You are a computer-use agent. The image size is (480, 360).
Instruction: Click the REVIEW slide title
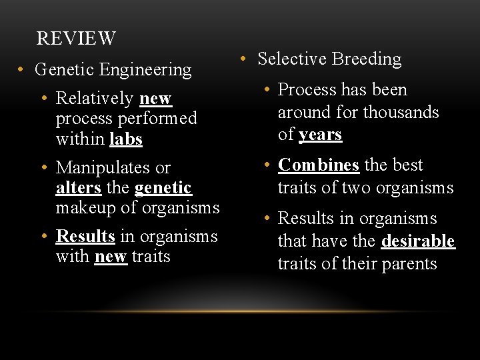(76, 39)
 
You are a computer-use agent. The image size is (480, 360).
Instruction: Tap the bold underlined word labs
(126, 139)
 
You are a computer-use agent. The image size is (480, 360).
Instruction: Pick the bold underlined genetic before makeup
(163, 188)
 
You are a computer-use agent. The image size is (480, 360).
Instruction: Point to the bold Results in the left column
(85, 236)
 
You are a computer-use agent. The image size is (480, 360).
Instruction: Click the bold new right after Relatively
(155, 99)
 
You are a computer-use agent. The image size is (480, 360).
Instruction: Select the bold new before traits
(111, 257)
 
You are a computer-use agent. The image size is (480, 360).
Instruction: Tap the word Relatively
(95, 99)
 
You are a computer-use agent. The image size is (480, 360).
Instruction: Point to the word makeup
(84, 208)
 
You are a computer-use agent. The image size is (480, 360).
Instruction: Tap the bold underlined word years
(320, 135)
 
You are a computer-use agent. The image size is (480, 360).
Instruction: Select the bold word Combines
(318, 165)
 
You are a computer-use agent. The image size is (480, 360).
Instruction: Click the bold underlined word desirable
(418, 241)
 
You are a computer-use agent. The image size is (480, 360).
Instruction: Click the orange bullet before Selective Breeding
(245, 59)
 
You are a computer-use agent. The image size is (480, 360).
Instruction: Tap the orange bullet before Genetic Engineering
(22, 69)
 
